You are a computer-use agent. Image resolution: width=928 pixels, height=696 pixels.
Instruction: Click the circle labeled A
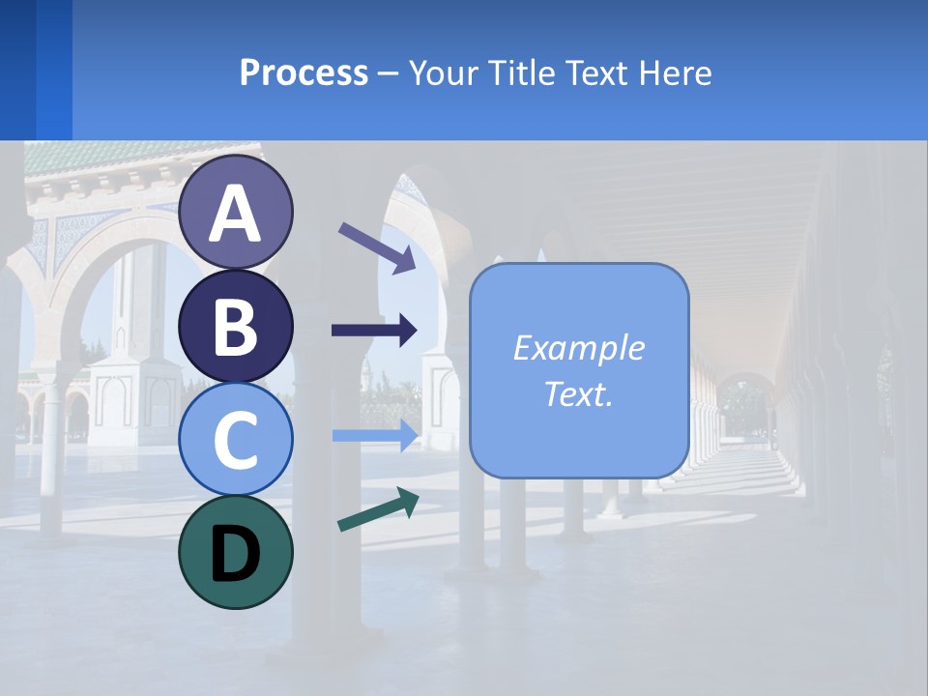tap(236, 212)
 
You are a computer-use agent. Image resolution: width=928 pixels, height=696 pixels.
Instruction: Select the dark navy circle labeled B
tap(236, 326)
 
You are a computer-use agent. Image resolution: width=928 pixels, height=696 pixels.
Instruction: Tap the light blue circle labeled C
tap(236, 439)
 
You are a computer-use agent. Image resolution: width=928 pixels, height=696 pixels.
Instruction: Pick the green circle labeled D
tap(236, 552)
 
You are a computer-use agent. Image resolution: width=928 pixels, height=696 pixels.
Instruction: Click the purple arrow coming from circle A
tap(376, 246)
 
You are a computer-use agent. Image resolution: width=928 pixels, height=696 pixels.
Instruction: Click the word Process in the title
tap(304, 72)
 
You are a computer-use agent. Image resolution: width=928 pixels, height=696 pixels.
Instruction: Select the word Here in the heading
tap(676, 72)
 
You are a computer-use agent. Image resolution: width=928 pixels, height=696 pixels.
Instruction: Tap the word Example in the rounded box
tap(578, 348)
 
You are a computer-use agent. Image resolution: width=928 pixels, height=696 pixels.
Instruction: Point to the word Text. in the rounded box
tap(578, 393)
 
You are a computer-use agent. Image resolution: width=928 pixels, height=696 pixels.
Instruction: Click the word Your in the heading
tap(441, 72)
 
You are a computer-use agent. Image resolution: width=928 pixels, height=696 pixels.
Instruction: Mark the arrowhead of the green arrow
tap(407, 501)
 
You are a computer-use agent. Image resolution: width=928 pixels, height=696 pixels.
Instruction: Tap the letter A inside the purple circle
tap(236, 214)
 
